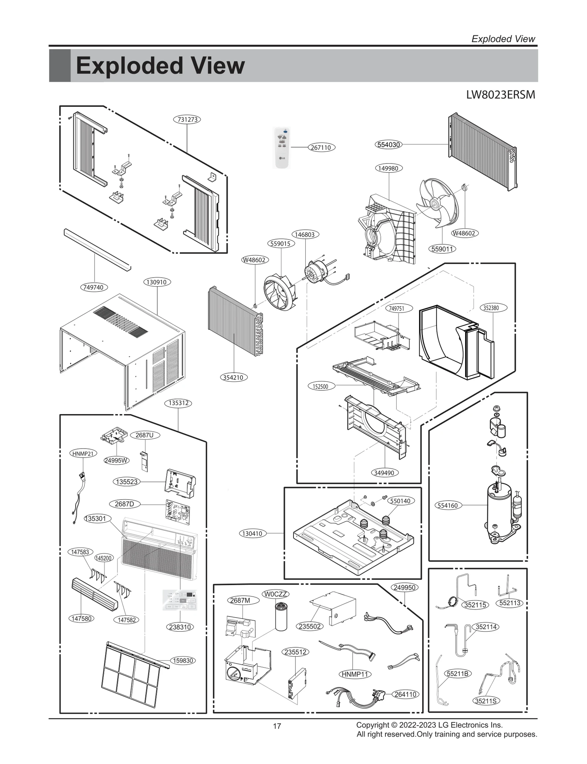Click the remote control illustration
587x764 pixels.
pyautogui.click(x=282, y=147)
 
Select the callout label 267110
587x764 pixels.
pyautogui.click(x=321, y=147)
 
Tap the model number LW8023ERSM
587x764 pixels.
pyautogui.click(x=500, y=95)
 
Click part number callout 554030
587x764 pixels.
pyautogui.click(x=389, y=145)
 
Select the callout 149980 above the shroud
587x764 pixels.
pyautogui.click(x=389, y=168)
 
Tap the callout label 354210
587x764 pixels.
pyautogui.click(x=234, y=377)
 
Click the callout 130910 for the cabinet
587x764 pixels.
pyautogui.click(x=157, y=282)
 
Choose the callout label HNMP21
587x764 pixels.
pyautogui.click(x=83, y=453)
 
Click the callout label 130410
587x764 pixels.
pyautogui.click(x=252, y=533)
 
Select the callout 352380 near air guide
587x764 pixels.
pyautogui.click(x=493, y=308)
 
